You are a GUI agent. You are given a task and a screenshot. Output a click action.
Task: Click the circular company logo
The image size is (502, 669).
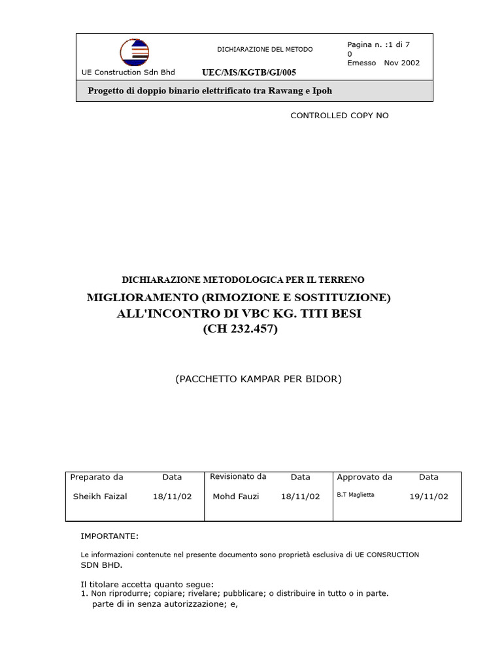click(x=135, y=52)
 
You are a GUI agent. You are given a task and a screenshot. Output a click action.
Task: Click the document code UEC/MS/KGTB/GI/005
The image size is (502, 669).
click(x=244, y=73)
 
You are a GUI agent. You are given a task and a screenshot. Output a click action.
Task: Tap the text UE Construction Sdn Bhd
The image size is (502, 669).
click(x=122, y=72)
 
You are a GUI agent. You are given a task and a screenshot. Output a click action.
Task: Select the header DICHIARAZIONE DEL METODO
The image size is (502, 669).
click(x=265, y=50)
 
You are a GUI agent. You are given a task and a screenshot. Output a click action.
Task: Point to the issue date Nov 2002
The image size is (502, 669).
click(x=401, y=63)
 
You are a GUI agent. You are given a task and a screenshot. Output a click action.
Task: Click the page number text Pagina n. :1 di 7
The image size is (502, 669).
click(x=378, y=44)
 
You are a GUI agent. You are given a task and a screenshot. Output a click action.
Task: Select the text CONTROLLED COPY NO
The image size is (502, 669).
click(x=339, y=116)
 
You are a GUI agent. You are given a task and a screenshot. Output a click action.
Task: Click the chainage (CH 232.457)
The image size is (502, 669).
click(x=240, y=329)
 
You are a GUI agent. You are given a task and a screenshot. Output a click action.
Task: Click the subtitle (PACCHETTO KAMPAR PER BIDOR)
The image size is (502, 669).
click(x=258, y=379)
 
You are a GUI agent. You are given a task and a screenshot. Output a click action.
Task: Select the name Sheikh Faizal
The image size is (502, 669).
click(x=100, y=497)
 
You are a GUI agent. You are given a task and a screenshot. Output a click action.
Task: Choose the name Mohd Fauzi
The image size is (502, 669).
click(x=236, y=497)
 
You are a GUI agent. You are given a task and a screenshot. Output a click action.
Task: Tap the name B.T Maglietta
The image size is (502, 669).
click(x=356, y=495)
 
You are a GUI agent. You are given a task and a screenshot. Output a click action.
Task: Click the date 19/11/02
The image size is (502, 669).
click(x=429, y=497)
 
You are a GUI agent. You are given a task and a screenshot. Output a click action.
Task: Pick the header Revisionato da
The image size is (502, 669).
click(x=238, y=477)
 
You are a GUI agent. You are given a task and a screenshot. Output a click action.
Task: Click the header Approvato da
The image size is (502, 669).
click(x=365, y=477)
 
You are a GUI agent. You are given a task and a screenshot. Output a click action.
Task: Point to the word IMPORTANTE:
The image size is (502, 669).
click(x=109, y=536)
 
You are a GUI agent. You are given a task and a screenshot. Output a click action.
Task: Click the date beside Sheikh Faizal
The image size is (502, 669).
click(x=172, y=497)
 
